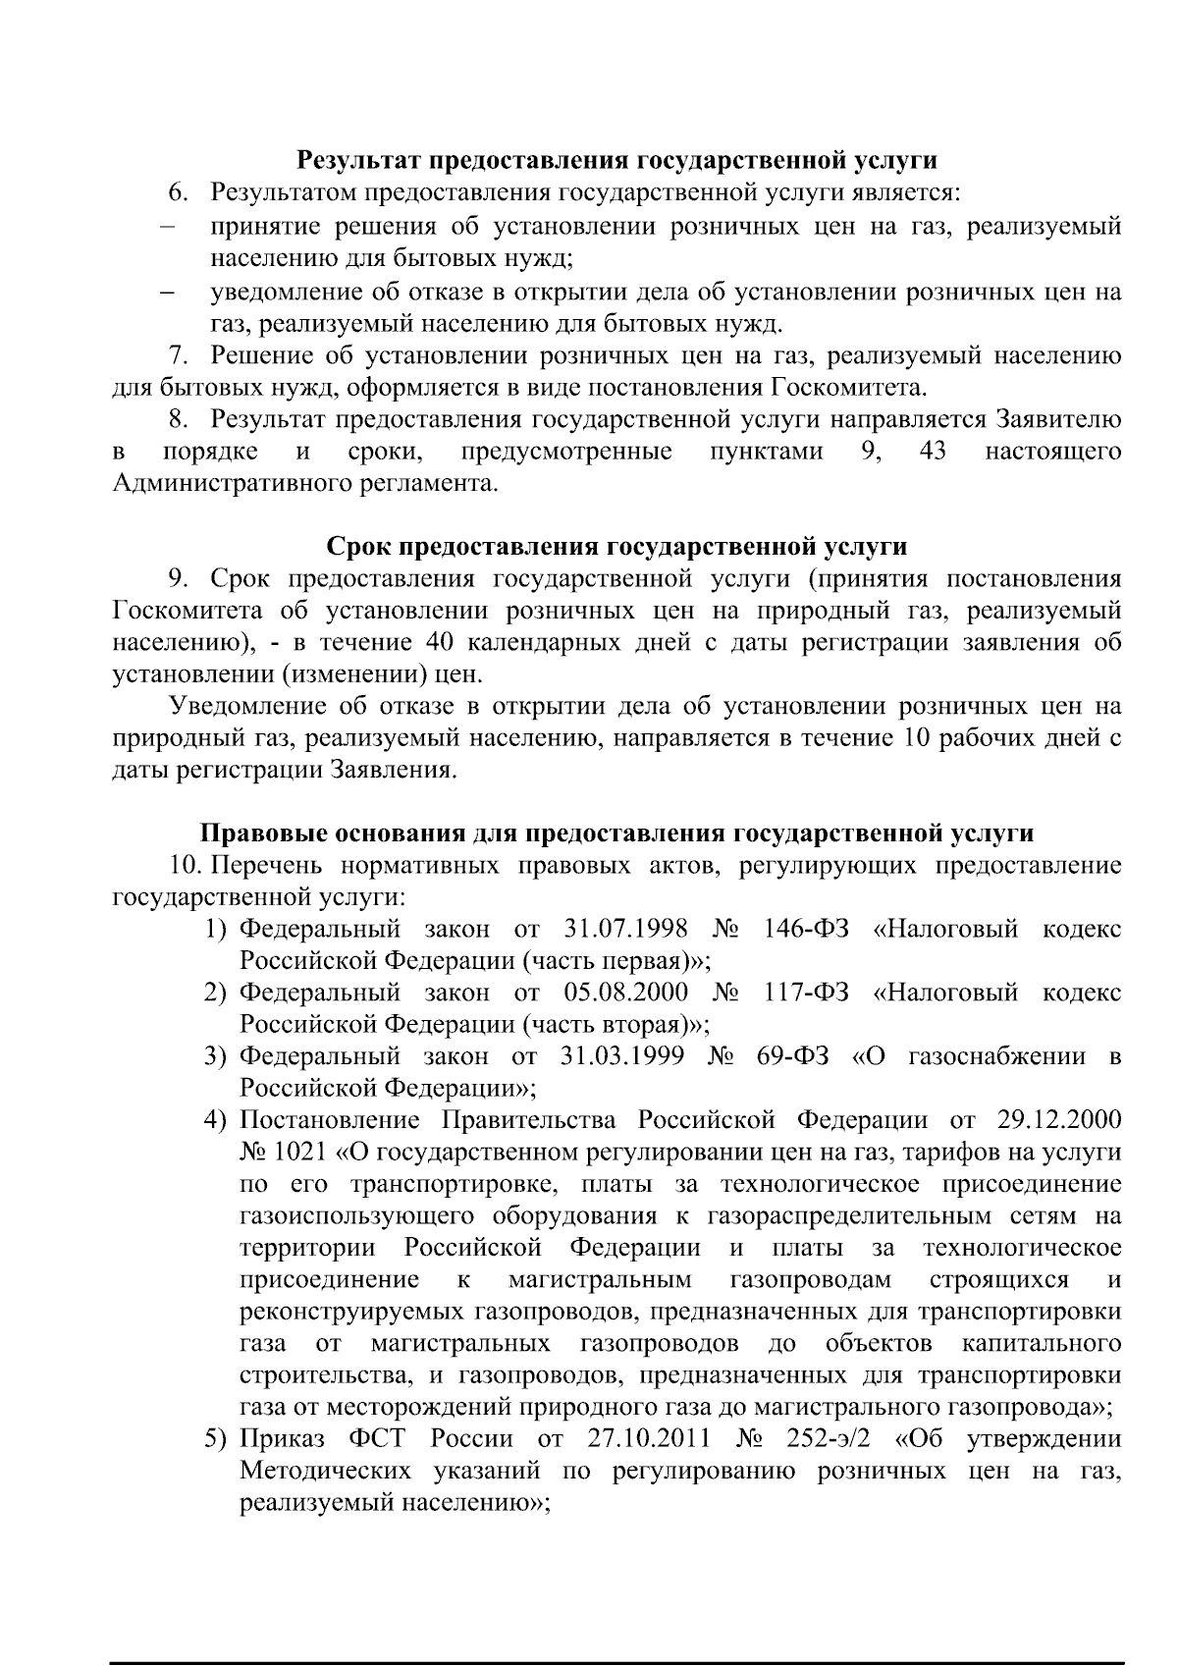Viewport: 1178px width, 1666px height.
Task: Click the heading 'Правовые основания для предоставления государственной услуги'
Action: click(616, 833)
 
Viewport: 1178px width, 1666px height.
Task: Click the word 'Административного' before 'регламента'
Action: click(231, 483)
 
